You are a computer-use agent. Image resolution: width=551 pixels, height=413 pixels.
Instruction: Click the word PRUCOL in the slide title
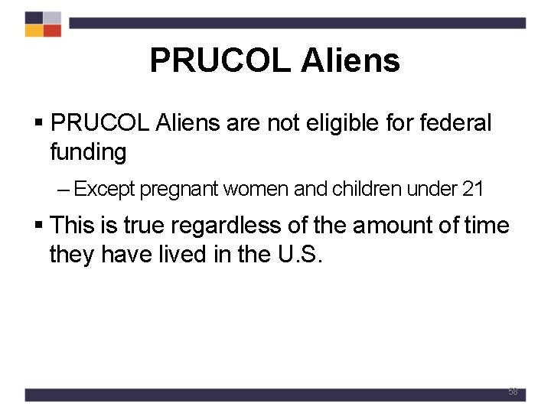220,60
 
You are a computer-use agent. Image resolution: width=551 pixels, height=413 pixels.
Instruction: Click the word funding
88,152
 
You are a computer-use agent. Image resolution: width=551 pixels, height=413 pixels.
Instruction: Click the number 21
472,188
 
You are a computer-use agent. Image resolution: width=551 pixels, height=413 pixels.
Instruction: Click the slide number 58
513,392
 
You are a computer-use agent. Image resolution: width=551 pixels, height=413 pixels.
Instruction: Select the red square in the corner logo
52,31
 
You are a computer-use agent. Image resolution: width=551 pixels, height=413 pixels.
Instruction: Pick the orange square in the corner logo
34,31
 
